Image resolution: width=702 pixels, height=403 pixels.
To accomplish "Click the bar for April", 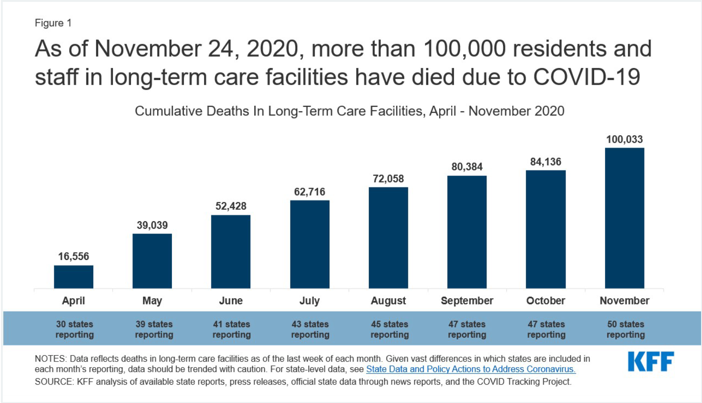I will (74, 277).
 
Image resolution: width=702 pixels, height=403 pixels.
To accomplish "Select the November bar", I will (624, 218).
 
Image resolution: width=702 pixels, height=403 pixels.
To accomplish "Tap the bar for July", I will (310, 244).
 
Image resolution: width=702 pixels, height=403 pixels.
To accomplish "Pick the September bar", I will (467, 232).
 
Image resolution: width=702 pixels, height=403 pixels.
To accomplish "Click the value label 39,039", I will (152, 225).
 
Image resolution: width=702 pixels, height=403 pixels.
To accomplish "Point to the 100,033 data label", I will (624, 139).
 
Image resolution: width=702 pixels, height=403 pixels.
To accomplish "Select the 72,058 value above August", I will (388, 178).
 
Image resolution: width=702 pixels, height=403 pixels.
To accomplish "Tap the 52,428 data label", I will (231, 206).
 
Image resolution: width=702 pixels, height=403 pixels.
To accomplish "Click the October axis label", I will (545, 300).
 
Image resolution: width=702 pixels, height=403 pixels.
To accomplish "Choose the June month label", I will (231, 300).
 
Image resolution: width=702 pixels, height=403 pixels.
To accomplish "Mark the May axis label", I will (152, 300).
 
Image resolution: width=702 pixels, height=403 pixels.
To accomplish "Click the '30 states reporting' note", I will (74, 329).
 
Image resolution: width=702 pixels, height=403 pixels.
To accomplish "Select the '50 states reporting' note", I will (625, 329).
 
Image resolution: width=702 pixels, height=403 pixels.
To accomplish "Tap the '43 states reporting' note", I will (310, 329).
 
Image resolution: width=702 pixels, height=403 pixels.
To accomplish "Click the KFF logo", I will (651, 361).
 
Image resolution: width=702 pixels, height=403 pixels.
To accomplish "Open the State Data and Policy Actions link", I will (470, 369).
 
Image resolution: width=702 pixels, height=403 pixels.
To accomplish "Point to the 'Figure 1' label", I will (53, 23).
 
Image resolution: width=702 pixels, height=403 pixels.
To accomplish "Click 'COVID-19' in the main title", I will (586, 77).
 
